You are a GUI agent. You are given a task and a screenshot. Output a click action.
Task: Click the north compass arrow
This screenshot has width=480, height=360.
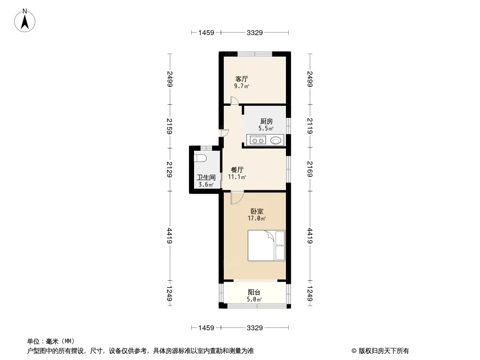pyautogui.click(x=25, y=22)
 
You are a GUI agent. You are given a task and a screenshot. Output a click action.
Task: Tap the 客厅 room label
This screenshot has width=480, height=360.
pyautogui.click(x=241, y=79)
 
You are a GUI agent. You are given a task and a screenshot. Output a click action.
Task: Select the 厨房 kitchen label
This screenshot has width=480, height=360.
pyautogui.click(x=266, y=121)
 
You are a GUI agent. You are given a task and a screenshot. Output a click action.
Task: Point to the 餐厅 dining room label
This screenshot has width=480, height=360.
pyautogui.click(x=237, y=170)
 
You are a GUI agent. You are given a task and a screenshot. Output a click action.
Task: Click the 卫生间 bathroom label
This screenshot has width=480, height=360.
pyautogui.click(x=206, y=177)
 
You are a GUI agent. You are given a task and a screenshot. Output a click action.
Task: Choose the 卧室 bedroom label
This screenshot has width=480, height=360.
pyautogui.click(x=257, y=211)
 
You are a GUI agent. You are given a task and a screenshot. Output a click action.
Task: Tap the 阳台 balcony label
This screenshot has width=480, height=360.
pyautogui.click(x=254, y=292)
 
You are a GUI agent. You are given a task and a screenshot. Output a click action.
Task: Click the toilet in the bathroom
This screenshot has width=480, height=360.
pyautogui.click(x=200, y=158)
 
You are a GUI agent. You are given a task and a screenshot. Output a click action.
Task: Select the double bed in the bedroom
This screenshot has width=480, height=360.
pyautogui.click(x=266, y=246)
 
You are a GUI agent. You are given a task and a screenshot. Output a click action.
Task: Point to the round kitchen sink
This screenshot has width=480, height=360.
pyautogui.click(x=276, y=140)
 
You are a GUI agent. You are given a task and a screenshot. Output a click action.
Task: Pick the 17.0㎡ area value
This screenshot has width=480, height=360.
pyautogui.click(x=257, y=218)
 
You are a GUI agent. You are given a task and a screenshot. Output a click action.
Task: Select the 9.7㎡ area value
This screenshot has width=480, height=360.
pyautogui.click(x=241, y=86)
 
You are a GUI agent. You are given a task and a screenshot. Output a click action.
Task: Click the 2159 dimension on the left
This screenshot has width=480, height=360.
pyautogui.click(x=169, y=126)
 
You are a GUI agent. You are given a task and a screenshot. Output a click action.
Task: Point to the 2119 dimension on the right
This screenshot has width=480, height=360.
pyautogui.click(x=310, y=126)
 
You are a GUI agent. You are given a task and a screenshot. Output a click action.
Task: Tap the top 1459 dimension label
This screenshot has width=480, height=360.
pyautogui.click(x=206, y=32)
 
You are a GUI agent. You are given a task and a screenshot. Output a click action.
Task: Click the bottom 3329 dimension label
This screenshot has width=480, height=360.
pyautogui.click(x=255, y=328)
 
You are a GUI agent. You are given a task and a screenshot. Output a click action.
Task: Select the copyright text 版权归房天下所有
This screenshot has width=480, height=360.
pyautogui.click(x=384, y=351)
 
